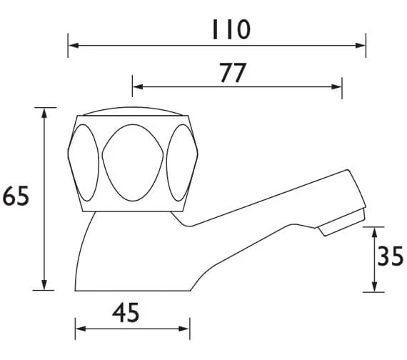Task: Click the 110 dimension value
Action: (x=231, y=29)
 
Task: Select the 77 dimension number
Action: (x=233, y=72)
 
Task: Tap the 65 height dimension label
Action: (x=16, y=196)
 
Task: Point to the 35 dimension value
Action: (x=391, y=256)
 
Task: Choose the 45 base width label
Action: (x=126, y=313)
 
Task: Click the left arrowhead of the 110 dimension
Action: (x=74, y=46)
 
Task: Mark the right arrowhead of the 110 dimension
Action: (x=361, y=46)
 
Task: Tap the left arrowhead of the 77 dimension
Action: (x=138, y=86)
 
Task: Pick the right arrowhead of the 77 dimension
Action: (x=336, y=86)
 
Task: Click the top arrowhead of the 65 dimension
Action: (x=44, y=114)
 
